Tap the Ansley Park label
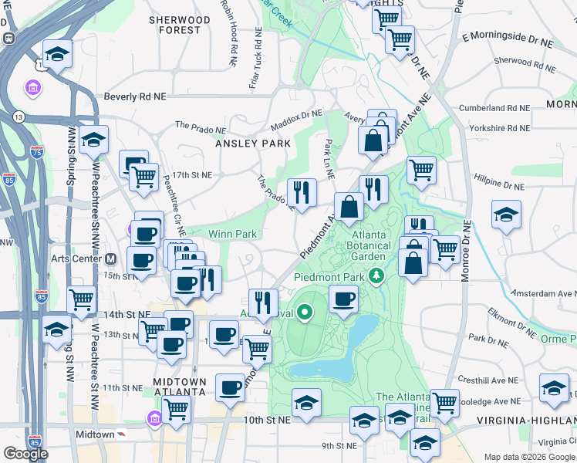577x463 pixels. pos(253,144)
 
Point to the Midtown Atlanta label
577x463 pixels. pos(180,387)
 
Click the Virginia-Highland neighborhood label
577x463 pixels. pos(528,421)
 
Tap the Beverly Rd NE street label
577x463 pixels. pos(135,98)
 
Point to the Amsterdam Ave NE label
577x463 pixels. pos(544,294)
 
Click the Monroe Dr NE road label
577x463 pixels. pos(465,252)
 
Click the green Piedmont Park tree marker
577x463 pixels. pos(377,275)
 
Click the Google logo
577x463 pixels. pos(25,454)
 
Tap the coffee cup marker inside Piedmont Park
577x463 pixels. pos(343,298)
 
